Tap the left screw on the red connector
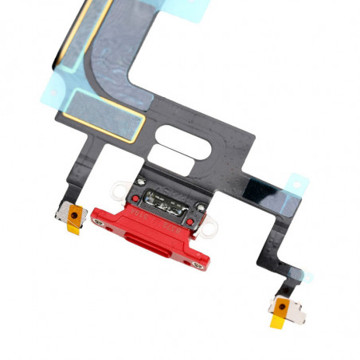pyautogui.click(x=98, y=222)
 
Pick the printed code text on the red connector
pyautogui.click(x=159, y=218)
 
